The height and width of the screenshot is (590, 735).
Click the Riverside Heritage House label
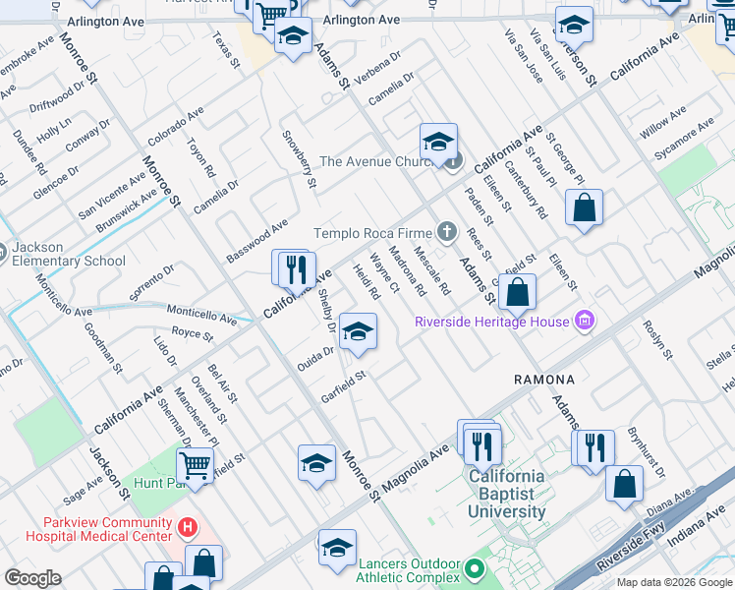click(x=492, y=322)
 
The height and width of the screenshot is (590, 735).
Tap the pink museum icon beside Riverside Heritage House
click(x=586, y=320)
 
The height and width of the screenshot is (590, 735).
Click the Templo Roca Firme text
click(x=372, y=233)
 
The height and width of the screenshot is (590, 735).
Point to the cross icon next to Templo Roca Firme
click(x=447, y=232)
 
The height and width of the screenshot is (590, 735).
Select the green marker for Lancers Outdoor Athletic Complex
click(x=475, y=569)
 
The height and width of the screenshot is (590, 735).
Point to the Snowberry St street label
click(x=299, y=159)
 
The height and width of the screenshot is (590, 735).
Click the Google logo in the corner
click(x=33, y=578)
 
